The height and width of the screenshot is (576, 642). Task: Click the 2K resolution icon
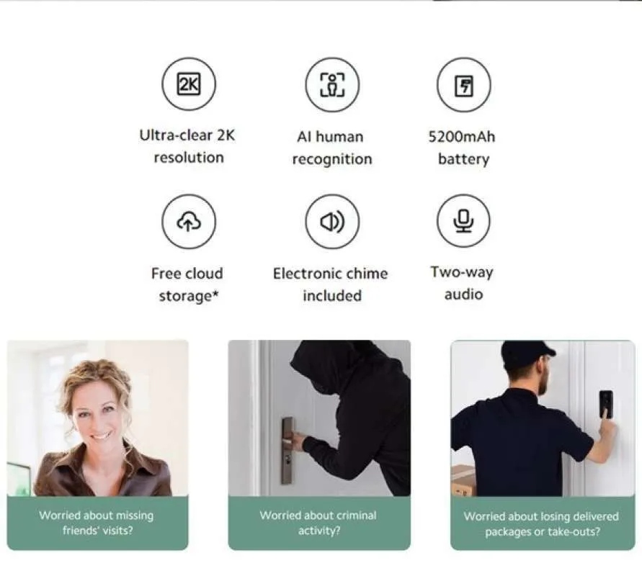pos(189,85)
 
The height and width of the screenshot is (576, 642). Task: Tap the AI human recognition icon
pos(331,85)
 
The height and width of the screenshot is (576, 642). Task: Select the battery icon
pos(463,85)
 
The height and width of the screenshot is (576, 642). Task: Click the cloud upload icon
pos(189,222)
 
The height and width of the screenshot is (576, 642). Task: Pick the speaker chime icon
pos(331,222)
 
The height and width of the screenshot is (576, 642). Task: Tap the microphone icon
pos(463,221)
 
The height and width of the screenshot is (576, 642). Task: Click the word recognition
pos(332,159)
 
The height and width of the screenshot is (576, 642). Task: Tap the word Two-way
pos(463,272)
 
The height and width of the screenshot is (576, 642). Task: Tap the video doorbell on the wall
pos(605,404)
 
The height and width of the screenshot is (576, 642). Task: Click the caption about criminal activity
pos(318,523)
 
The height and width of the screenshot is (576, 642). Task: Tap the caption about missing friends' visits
pos(97,523)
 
